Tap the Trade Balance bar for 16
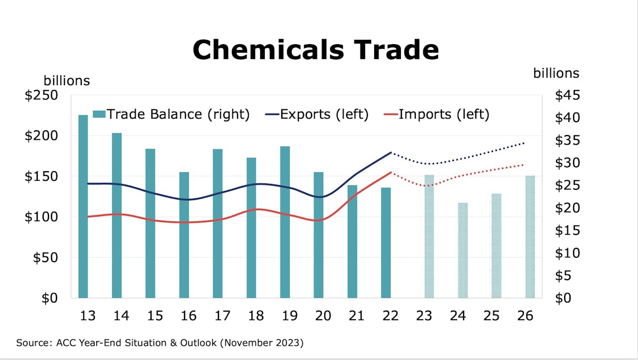tap(184, 235)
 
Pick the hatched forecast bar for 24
tap(463, 250)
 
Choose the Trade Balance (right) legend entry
tap(171, 114)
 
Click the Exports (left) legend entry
tap(317, 114)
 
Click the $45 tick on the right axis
tap(567, 96)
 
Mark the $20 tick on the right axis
tap(567, 208)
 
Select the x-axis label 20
tap(322, 316)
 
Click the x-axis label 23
tap(424, 316)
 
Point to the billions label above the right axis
tap(556, 73)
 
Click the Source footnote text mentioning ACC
tap(159, 343)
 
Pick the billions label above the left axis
tap(66, 81)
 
